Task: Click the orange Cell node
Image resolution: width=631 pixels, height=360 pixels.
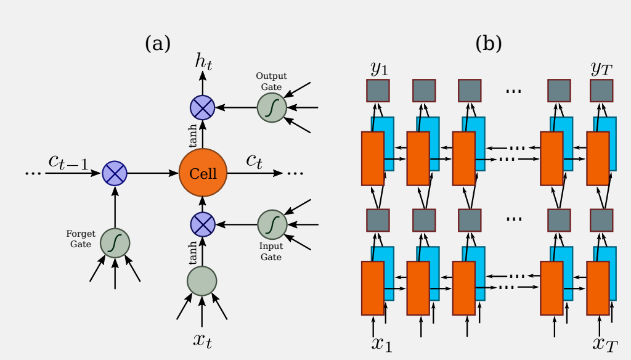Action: click(203, 173)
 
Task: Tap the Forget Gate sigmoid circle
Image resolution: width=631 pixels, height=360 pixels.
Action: click(115, 243)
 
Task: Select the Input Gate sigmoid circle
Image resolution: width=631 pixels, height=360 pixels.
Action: click(272, 225)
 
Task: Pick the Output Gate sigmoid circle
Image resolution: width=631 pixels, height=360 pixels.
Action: click(272, 108)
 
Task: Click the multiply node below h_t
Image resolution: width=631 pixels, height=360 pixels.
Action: click(202, 108)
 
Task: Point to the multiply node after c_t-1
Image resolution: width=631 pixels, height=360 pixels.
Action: click(115, 173)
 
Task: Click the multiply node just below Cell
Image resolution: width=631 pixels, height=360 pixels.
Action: click(202, 225)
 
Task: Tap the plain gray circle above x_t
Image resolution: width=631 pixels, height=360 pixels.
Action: click(202, 280)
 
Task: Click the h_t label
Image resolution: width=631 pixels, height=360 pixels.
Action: click(203, 60)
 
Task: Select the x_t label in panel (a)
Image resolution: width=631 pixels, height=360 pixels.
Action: click(203, 340)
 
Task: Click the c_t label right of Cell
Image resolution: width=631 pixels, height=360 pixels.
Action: click(254, 161)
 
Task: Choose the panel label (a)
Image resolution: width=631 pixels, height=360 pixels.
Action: click(157, 43)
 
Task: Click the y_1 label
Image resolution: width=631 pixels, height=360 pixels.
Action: click(379, 68)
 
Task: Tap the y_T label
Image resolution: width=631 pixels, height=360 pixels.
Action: click(601, 68)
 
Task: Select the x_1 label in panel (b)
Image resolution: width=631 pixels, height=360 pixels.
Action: click(381, 343)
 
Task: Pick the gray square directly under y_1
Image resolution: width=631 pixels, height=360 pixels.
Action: click(378, 91)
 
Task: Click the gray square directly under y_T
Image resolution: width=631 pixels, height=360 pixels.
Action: click(601, 91)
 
